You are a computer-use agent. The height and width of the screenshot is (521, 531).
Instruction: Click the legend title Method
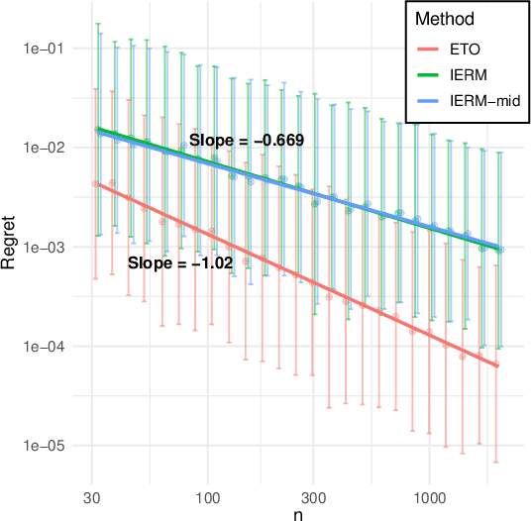click(x=443, y=19)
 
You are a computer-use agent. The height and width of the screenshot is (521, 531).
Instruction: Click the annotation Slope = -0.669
click(x=247, y=141)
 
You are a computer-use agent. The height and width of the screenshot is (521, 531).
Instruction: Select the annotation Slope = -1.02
click(x=180, y=263)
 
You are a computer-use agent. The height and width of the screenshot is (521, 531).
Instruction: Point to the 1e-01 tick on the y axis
click(x=40, y=49)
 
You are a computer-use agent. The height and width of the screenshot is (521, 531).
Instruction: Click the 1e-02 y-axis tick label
click(x=40, y=148)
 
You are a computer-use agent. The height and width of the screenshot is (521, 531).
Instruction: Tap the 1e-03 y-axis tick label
click(x=40, y=248)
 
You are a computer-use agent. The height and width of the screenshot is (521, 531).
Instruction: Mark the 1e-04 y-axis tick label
click(x=40, y=347)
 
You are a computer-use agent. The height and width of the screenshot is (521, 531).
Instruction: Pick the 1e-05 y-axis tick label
click(x=40, y=446)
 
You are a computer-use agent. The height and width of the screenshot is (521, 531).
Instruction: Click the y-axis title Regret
click(x=10, y=248)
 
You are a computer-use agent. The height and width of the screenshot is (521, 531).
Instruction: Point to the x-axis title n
click(x=298, y=513)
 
